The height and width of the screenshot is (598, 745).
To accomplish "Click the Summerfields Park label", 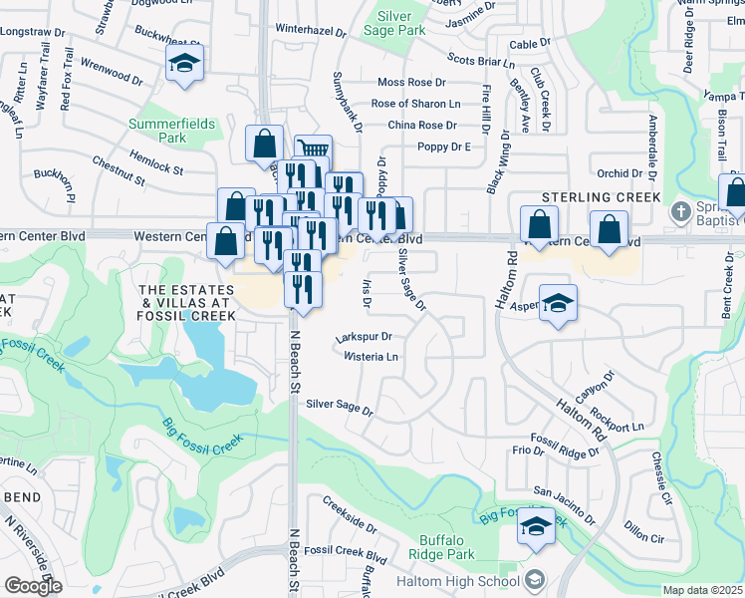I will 158,131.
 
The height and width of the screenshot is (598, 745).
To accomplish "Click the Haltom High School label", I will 457,581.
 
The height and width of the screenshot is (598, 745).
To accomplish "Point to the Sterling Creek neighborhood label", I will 601,198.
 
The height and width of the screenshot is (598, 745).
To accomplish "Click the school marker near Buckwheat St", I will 183,64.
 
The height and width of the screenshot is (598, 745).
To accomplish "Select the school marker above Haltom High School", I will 536,526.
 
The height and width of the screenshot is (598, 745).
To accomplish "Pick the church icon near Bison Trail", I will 680,211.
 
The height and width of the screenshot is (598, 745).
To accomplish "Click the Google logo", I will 33,585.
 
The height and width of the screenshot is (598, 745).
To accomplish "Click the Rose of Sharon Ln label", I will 415,104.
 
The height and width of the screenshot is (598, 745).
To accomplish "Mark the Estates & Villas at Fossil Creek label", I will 187,302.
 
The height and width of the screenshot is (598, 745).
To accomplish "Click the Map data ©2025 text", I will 702,590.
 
